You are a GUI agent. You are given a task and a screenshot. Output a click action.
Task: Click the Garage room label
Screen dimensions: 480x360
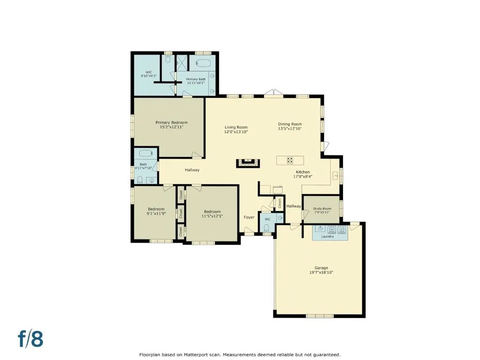coord(321,268)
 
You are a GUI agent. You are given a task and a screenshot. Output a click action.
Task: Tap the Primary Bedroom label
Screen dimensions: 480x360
coord(172,122)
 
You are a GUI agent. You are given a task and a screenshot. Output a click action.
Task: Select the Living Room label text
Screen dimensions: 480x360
coord(236,127)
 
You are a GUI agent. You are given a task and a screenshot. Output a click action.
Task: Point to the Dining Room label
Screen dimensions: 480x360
coord(290,124)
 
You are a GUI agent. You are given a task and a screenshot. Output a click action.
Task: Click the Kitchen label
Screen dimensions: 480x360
coord(303,172)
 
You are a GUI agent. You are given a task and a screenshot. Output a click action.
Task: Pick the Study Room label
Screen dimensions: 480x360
coord(322,209)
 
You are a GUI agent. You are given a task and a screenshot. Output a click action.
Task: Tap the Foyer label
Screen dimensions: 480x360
coord(249,217)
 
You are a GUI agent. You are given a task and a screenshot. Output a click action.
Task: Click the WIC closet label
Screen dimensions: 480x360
coord(149,72)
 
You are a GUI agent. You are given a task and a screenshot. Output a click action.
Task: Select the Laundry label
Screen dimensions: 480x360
coord(328,236)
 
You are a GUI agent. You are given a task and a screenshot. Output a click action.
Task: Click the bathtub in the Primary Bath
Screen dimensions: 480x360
coord(203,63)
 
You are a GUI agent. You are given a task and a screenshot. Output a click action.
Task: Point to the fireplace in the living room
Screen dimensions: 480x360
coord(248,163)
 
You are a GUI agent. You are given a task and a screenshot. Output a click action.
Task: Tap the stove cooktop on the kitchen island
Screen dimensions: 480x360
coord(290,160)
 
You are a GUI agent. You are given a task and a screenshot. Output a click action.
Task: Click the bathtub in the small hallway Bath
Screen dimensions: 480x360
coord(146,153)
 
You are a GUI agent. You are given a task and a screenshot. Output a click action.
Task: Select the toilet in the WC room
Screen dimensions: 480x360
coord(267,228)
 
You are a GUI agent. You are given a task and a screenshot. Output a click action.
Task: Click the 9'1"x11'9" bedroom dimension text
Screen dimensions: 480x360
coord(156,214)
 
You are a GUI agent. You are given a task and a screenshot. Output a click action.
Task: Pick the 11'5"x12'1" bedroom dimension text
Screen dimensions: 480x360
coord(212,216)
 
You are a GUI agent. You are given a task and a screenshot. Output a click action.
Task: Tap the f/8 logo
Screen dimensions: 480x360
coord(30,338)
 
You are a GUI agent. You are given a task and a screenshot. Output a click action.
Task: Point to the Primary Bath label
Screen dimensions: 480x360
coord(196,79)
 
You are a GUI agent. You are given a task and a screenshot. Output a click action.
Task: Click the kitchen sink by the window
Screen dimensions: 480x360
coord(335,176)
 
